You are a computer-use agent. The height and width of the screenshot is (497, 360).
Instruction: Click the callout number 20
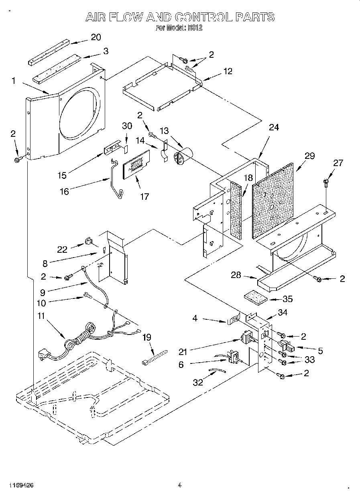point(96,37)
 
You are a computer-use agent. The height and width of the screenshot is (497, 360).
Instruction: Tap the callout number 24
point(274,127)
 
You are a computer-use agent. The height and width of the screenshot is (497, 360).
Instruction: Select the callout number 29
point(309,156)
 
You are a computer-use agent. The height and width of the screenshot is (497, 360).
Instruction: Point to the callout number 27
point(338,162)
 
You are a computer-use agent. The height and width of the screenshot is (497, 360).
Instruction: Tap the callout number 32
point(197,382)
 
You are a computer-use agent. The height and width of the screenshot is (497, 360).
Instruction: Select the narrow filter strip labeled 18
point(237,210)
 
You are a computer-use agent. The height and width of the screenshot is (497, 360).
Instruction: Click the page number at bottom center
point(179,485)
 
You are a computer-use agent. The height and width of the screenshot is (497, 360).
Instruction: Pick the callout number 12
point(228,71)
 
